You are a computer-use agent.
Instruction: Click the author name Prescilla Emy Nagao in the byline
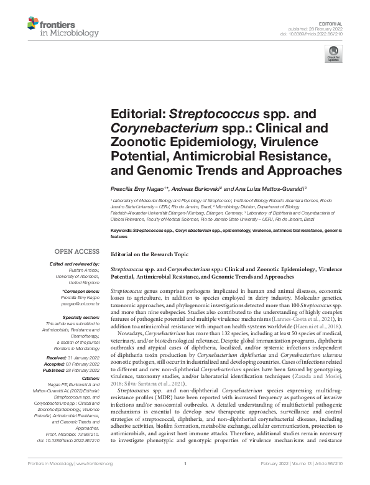coord(137,189)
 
